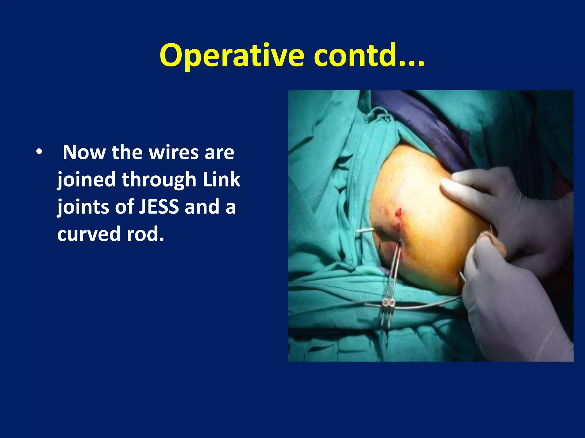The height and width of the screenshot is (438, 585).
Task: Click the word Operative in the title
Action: [232, 56]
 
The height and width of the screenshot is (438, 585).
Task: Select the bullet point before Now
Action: [39, 152]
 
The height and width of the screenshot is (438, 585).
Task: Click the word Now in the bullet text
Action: [84, 152]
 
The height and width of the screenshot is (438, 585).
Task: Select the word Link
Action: [221, 180]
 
